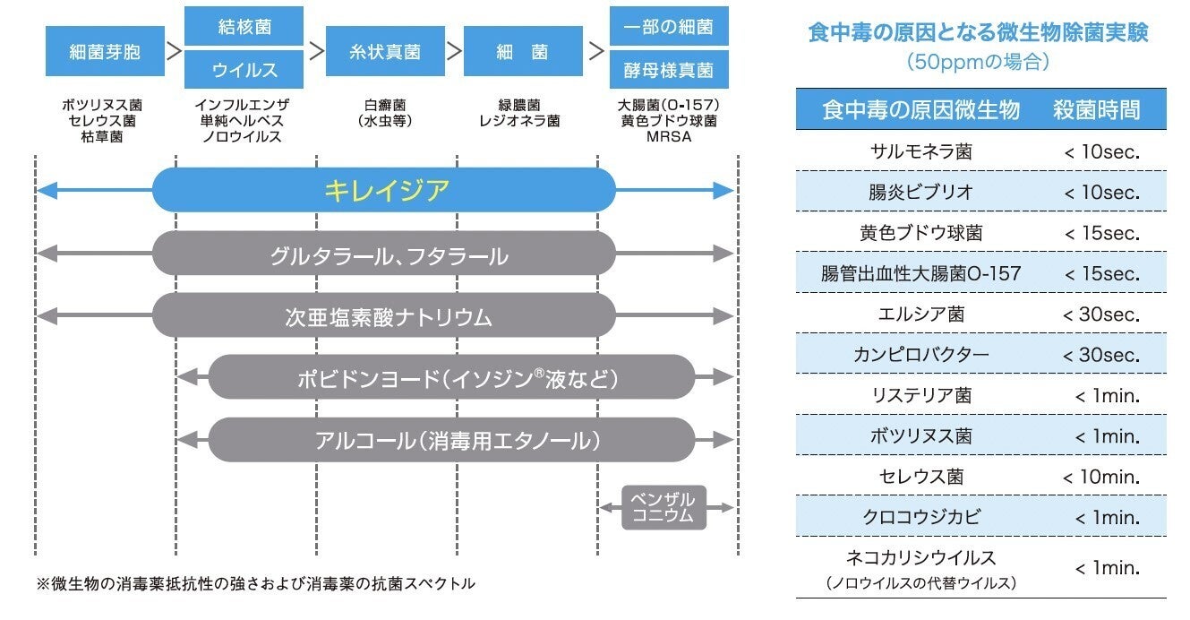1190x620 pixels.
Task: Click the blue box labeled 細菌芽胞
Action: click(105, 51)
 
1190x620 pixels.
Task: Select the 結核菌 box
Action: click(244, 26)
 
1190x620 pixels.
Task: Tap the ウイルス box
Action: click(244, 70)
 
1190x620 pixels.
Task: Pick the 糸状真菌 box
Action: click(385, 51)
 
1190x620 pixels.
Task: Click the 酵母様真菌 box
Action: click(669, 70)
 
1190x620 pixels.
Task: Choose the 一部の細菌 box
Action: click(669, 26)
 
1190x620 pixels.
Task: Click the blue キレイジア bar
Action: click(385, 190)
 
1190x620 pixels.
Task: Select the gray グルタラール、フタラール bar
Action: click(385, 257)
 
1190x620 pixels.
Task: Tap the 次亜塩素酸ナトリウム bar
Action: click(385, 317)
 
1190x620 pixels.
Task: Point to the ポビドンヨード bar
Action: click(452, 379)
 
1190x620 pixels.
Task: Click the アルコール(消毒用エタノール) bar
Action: click(452, 441)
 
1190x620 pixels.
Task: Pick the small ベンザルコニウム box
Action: click(663, 508)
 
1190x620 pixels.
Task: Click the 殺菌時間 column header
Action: click(1097, 110)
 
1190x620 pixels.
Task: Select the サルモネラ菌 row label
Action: click(921, 152)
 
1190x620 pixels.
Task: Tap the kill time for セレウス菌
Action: click(1100, 477)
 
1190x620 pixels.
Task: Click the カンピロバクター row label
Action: click(921, 355)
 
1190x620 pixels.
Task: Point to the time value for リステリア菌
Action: click(1107, 396)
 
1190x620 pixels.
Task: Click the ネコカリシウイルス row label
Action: click(921, 559)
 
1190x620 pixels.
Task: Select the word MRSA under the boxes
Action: click(669, 136)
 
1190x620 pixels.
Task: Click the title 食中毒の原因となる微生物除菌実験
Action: click(978, 34)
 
